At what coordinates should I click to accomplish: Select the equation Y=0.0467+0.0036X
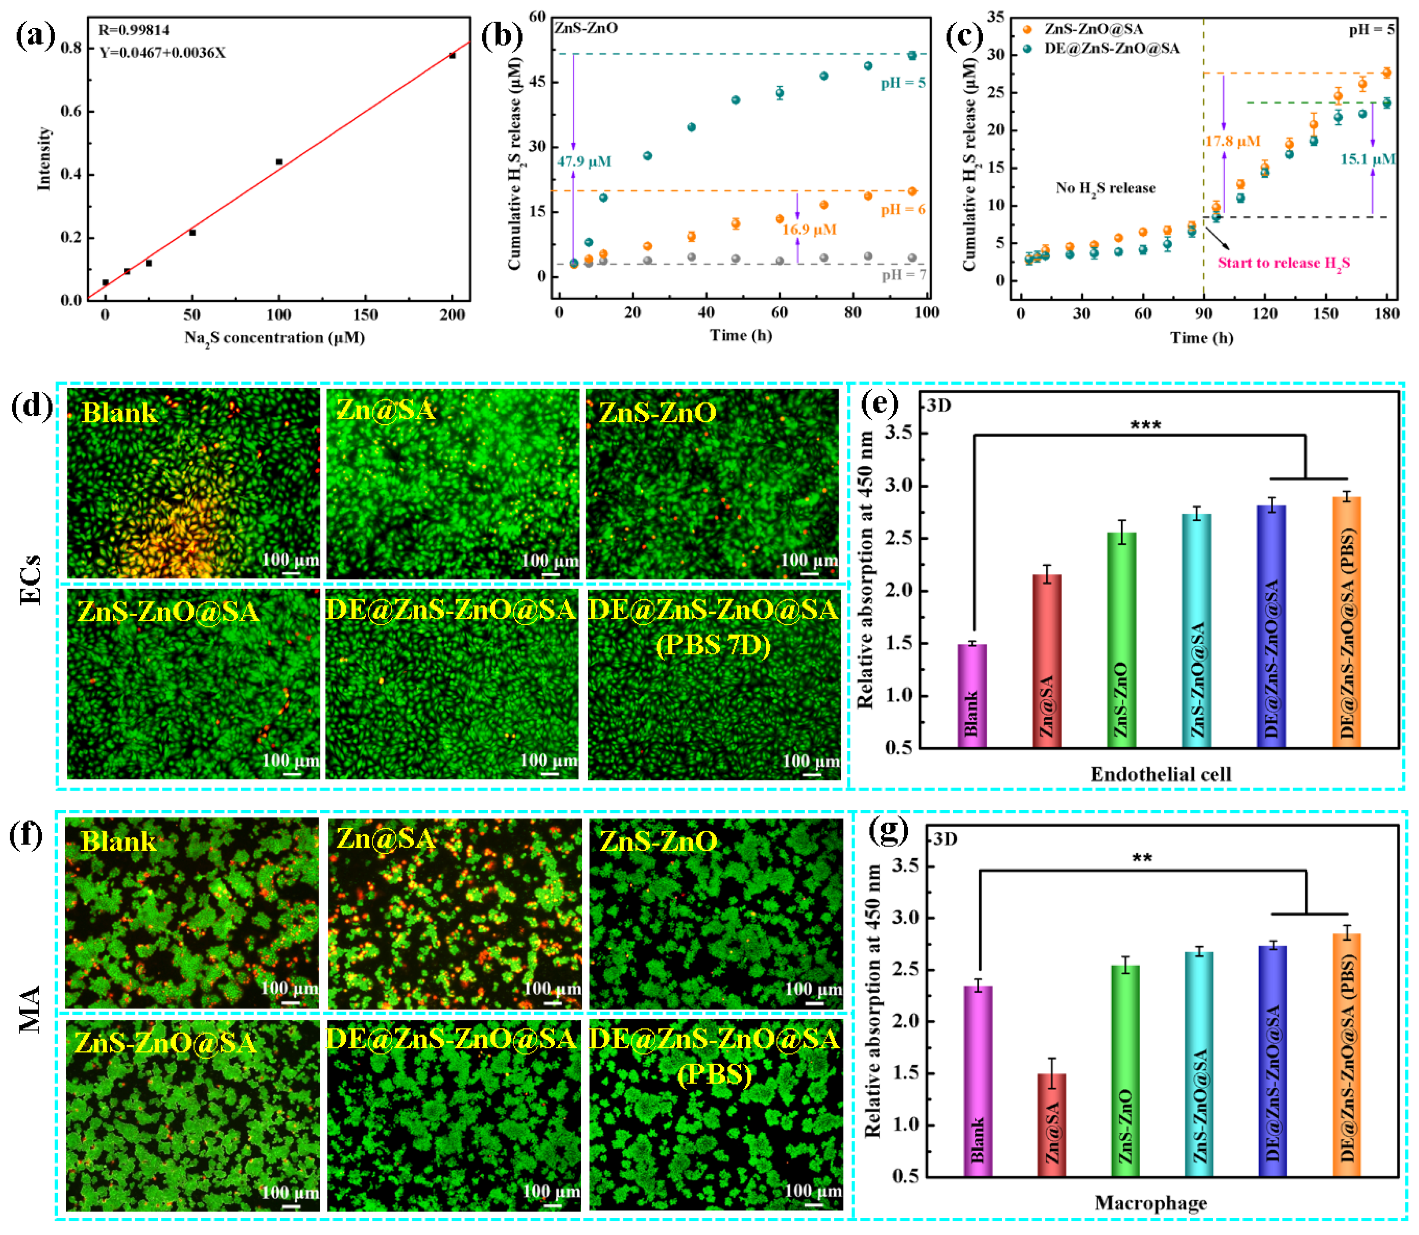click(x=162, y=53)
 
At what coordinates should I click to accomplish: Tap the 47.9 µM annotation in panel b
click(x=584, y=161)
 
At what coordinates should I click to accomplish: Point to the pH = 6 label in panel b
click(x=903, y=210)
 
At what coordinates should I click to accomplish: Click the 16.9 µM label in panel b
click(x=809, y=230)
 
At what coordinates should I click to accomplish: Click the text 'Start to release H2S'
click(x=1283, y=263)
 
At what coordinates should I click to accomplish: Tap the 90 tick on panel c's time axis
click(x=1204, y=314)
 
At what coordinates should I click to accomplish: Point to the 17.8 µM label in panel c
click(x=1233, y=141)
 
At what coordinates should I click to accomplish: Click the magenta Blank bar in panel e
click(x=972, y=696)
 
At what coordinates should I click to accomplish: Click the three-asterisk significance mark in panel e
click(x=1145, y=425)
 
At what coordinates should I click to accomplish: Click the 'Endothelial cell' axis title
click(x=1161, y=775)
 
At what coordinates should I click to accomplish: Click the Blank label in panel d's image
click(x=119, y=413)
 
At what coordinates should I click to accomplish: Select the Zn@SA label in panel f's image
click(x=386, y=839)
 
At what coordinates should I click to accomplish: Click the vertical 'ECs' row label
click(x=30, y=579)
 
